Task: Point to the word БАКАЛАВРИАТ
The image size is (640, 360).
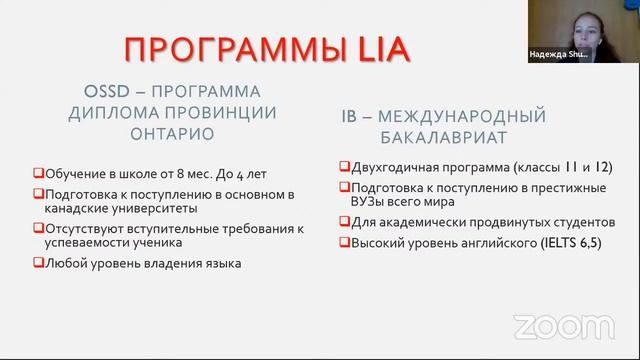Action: (x=456, y=135)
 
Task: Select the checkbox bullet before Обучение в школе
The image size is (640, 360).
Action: (x=38, y=174)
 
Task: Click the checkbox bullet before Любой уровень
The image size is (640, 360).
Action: (x=38, y=263)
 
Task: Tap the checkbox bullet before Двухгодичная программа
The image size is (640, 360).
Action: (x=344, y=167)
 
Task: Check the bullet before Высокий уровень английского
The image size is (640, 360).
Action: (x=344, y=243)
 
